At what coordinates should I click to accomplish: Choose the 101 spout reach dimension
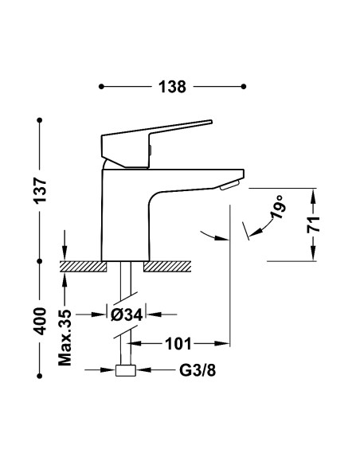click(178, 344)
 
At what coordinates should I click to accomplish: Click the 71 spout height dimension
click(315, 224)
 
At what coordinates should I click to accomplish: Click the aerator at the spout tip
click(229, 185)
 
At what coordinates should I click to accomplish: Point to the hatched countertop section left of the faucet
click(84, 264)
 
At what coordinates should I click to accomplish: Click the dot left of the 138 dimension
click(100, 87)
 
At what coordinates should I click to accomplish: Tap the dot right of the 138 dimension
click(245, 87)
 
